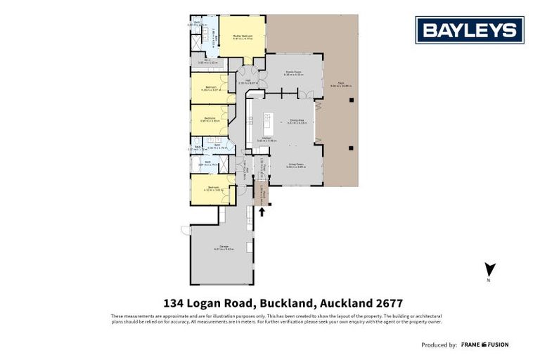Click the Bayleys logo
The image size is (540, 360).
click(x=470, y=30)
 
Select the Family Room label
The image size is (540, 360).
click(x=293, y=73)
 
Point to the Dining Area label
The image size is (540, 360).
click(x=297, y=122)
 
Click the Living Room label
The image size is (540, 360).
click(x=295, y=165)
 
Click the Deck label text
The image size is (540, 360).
click(x=341, y=84)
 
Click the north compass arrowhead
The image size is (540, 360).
click(x=491, y=269)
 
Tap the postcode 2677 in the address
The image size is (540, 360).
click(x=389, y=304)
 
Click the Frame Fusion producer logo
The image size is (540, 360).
click(x=485, y=345)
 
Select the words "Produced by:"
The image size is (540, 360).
click(x=439, y=345)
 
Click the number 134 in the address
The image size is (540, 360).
click(x=174, y=304)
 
